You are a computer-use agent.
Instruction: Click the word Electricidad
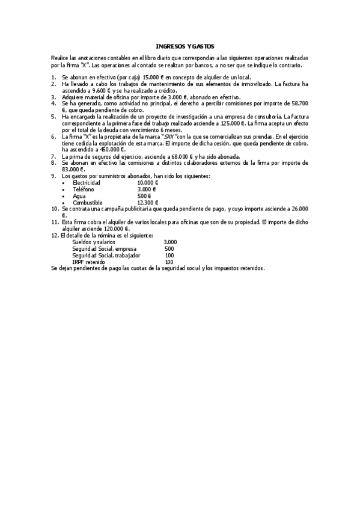point(87,182)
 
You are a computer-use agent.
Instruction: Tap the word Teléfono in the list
point(84,189)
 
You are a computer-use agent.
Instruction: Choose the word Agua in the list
point(79,196)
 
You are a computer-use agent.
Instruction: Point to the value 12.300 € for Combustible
point(148,203)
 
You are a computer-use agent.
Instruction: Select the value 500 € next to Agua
point(144,196)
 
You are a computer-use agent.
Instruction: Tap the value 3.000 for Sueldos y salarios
point(170,242)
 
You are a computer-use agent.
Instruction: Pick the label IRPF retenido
point(88,262)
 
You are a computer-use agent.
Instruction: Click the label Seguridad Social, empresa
point(104,248)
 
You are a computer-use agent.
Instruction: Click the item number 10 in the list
point(55,209)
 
